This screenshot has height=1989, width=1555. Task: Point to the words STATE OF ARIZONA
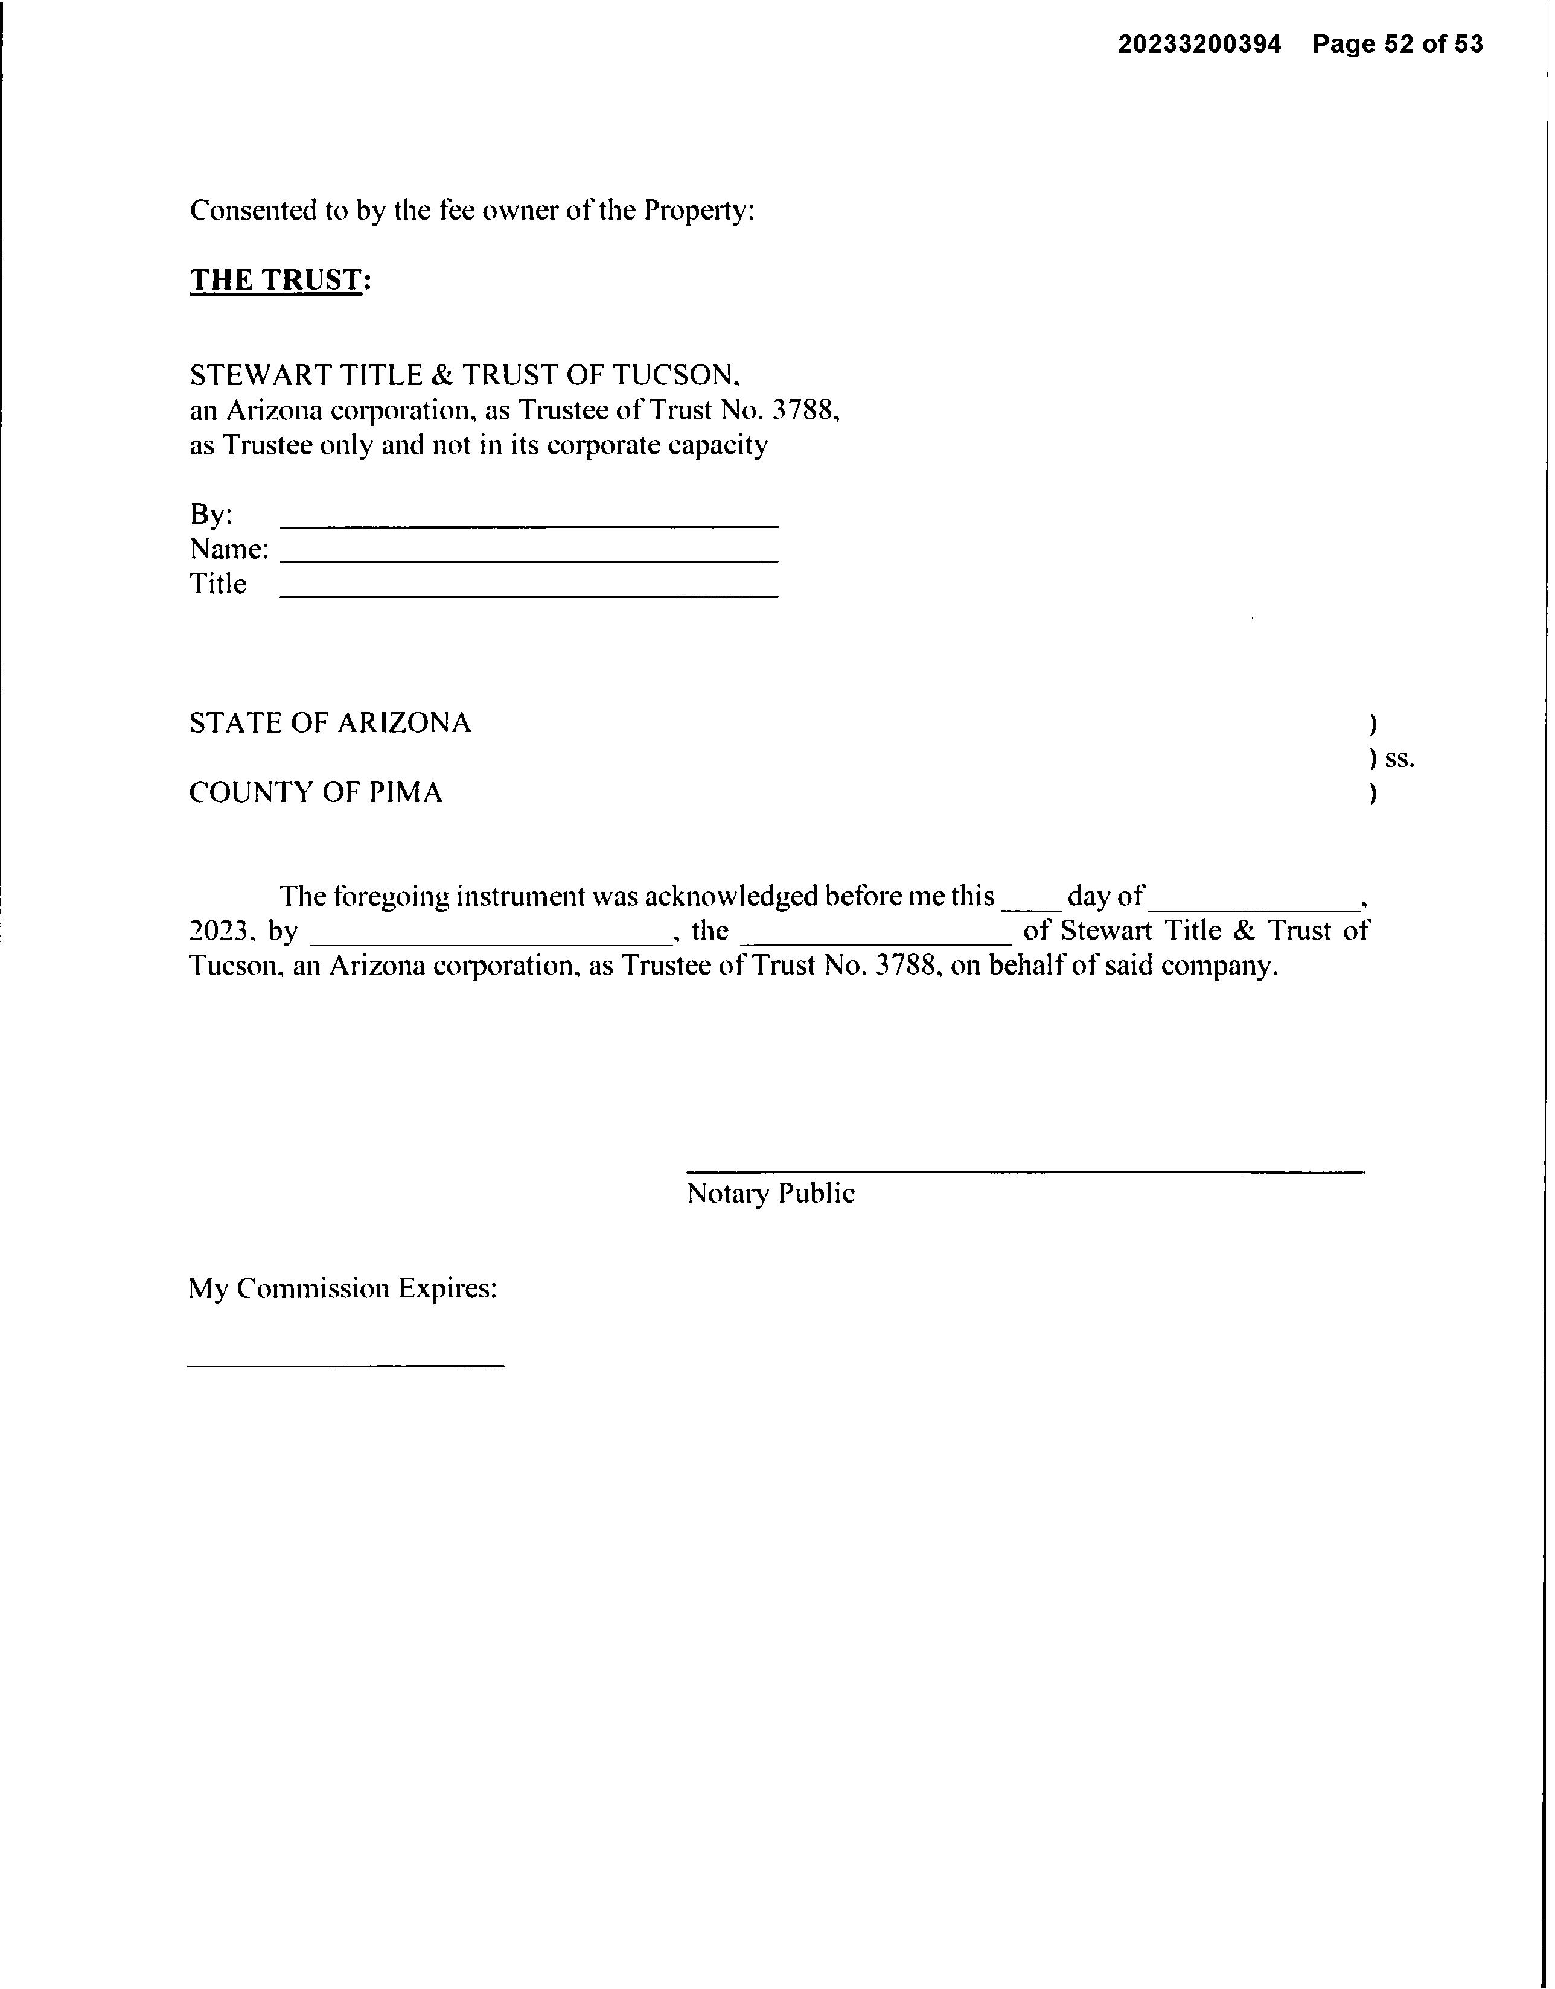coord(330,723)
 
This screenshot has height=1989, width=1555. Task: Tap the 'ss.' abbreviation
coord(1399,759)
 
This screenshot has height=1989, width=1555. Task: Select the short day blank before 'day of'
coord(1031,907)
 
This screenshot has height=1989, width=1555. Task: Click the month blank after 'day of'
coord(1253,907)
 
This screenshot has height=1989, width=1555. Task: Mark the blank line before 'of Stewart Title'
coord(876,941)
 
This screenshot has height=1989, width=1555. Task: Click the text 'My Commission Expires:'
coord(342,1288)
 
